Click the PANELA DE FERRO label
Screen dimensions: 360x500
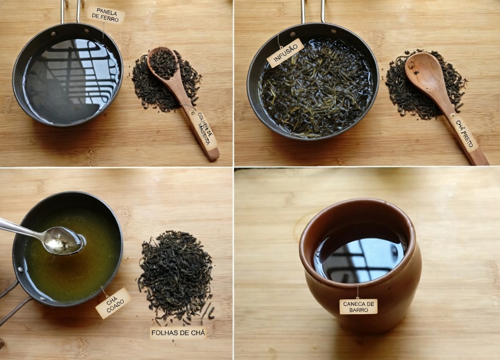click(106, 15)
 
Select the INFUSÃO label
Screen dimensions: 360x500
click(285, 53)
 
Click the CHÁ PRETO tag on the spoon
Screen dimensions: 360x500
click(464, 133)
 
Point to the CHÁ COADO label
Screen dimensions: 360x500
click(113, 303)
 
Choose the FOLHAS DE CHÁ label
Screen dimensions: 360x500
click(178, 332)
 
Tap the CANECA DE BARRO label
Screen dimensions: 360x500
click(358, 306)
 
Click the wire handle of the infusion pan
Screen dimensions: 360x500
click(313, 10)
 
